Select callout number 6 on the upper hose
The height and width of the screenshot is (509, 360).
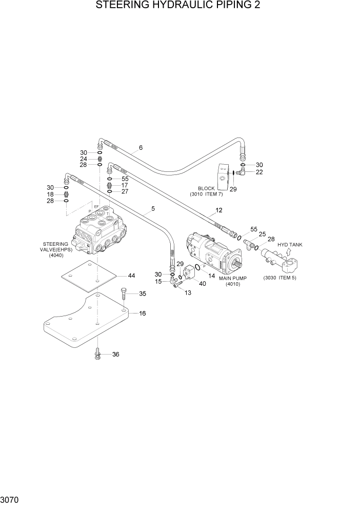141,148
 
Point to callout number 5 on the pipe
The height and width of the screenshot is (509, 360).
152,209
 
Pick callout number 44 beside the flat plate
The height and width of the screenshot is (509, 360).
132,276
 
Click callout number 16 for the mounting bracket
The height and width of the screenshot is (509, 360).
143,313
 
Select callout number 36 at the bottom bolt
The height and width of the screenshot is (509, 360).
115,354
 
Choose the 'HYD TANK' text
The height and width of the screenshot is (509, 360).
290,245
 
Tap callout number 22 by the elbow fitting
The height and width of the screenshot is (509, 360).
259,172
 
